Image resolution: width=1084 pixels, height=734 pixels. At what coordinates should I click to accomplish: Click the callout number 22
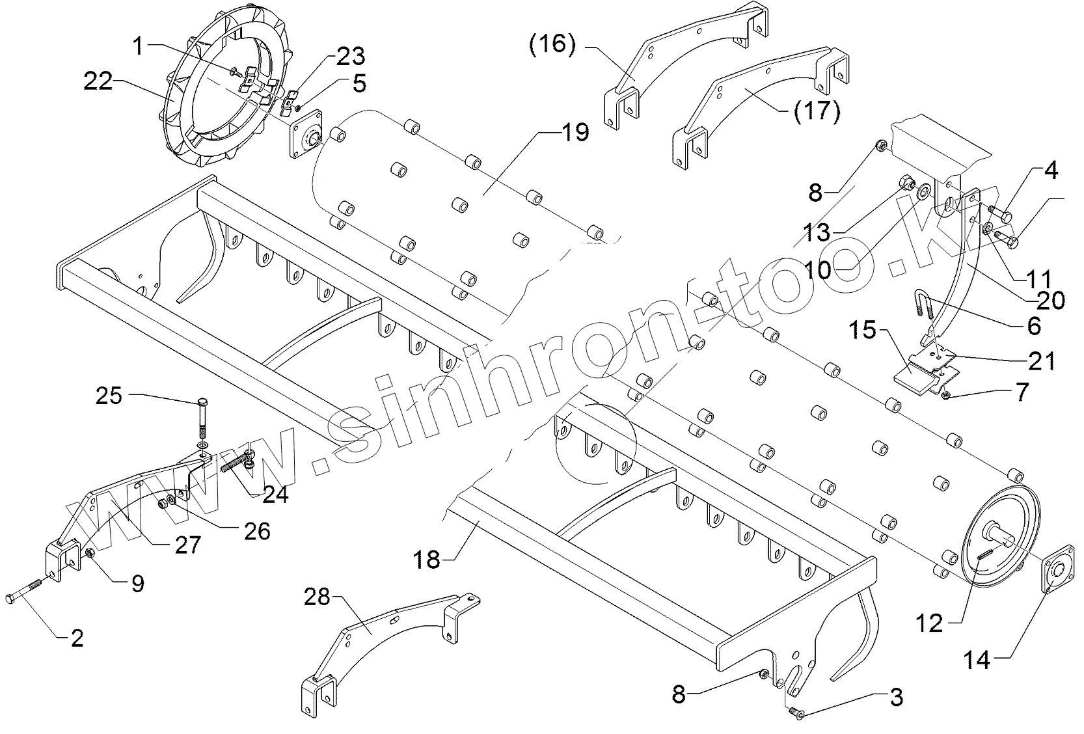tap(98, 82)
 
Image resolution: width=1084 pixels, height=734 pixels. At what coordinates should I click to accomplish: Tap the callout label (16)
tap(552, 46)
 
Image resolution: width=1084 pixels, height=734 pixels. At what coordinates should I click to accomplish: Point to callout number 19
tap(573, 132)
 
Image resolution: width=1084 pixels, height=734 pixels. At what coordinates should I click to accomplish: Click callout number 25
tap(109, 395)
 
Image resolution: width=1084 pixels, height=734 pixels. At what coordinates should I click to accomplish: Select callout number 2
tap(77, 638)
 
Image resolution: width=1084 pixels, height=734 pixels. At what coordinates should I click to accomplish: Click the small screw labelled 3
tap(795, 714)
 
